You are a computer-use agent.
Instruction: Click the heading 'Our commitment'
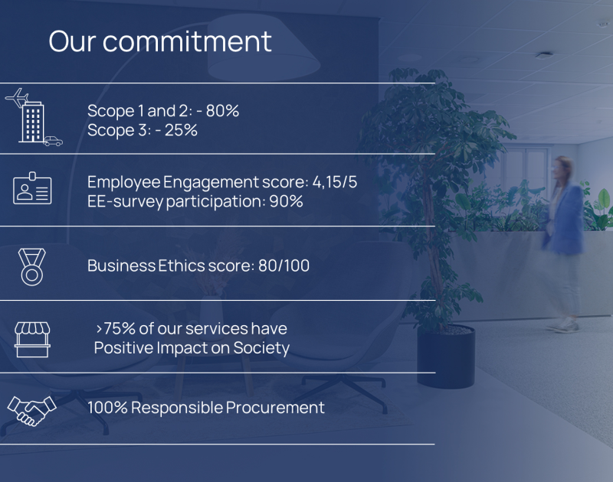click(159, 41)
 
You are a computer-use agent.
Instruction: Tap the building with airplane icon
click(31, 116)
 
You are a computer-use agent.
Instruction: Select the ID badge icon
click(32, 189)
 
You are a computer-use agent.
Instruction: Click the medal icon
click(32, 265)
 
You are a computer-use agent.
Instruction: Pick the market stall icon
click(32, 338)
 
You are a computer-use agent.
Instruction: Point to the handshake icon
click(31, 409)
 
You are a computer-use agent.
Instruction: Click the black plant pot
click(446, 355)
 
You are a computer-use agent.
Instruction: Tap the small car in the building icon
click(52, 141)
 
